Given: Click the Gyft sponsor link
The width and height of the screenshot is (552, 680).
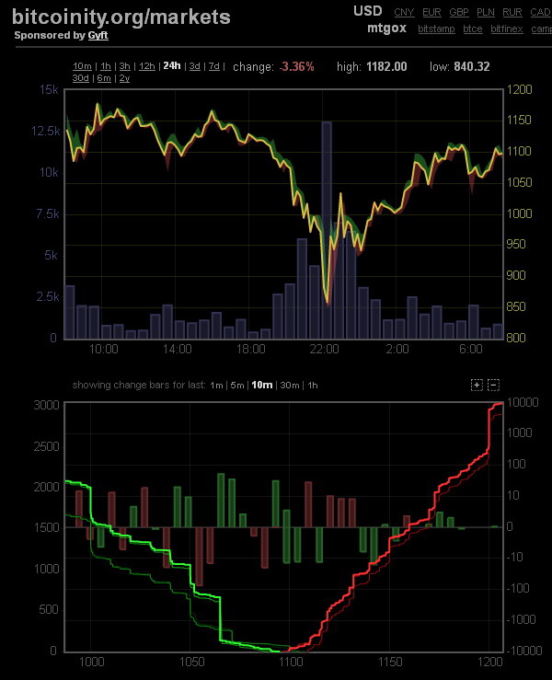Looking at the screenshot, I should point(98,36).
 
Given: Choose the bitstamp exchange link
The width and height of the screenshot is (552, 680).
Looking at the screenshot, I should point(435,29).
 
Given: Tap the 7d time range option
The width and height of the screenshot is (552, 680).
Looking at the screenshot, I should point(214,66).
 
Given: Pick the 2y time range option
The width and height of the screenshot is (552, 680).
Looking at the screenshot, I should point(124,78).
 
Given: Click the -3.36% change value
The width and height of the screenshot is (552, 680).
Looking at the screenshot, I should point(297,66).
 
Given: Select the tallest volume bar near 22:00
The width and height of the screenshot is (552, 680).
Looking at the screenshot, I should point(327,230).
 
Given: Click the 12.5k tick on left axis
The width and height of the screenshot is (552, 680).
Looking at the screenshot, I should point(45,132).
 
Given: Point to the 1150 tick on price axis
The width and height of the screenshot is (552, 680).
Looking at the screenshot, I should point(521,121).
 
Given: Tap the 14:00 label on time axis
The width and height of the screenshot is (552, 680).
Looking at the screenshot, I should point(177,350).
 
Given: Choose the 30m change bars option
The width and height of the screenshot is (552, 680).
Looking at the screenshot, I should point(289,385).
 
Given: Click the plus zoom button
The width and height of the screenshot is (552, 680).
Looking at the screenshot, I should point(476,385).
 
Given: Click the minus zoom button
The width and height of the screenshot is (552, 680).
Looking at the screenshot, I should point(493,385).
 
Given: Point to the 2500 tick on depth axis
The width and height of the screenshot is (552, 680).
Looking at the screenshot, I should point(44,445).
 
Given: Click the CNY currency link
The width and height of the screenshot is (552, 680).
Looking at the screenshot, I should point(404,12).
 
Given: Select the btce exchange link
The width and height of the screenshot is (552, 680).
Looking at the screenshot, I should point(473,29).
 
